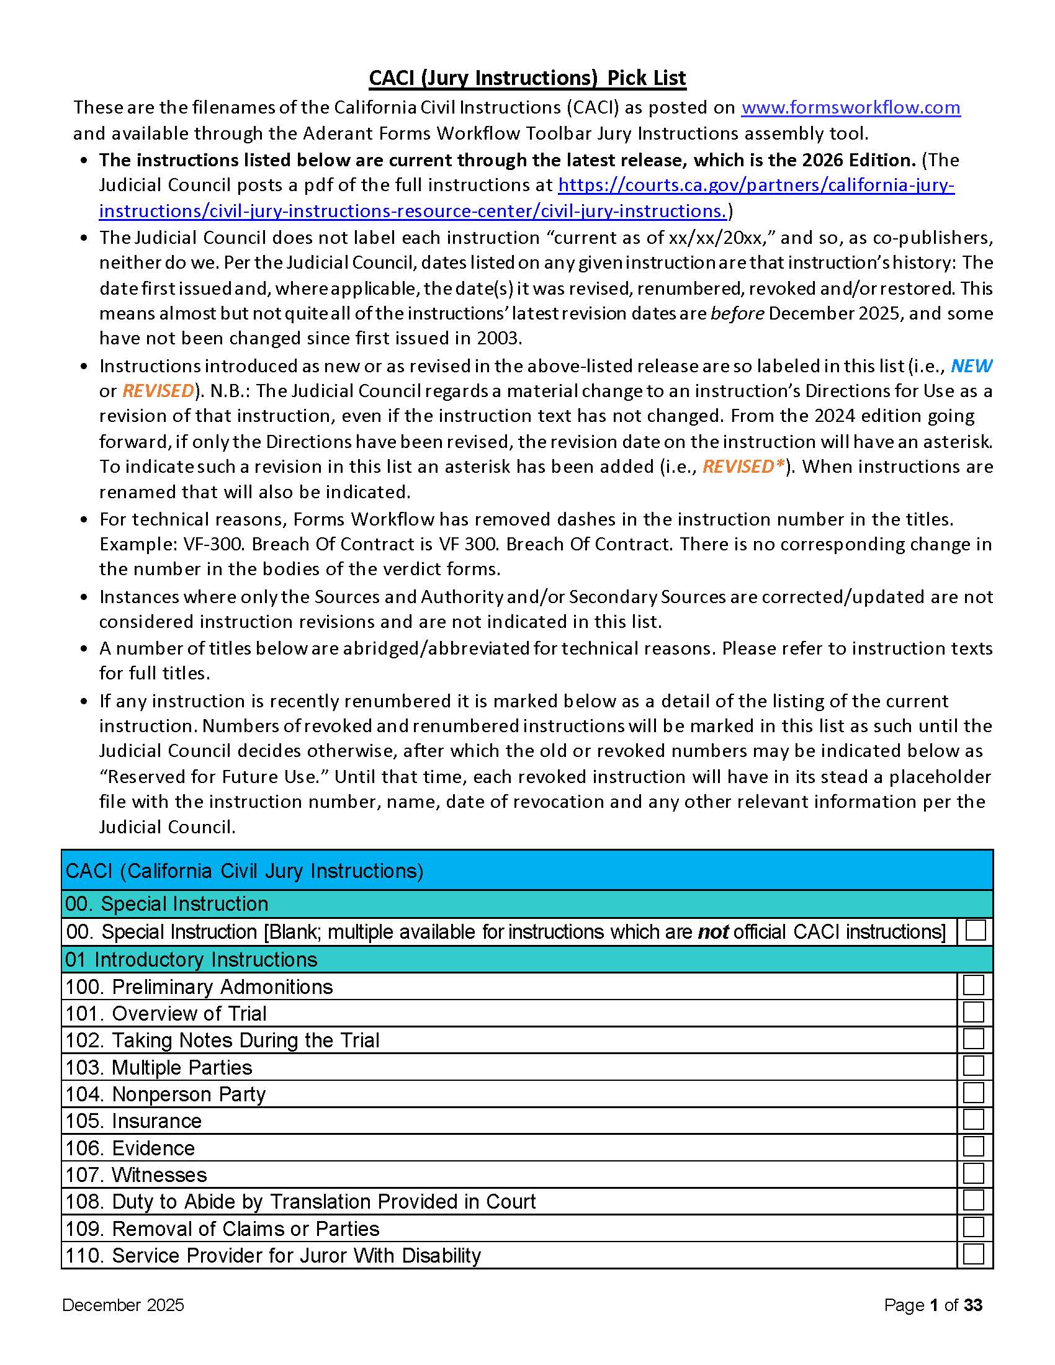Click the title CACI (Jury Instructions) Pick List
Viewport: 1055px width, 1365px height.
[x=527, y=78]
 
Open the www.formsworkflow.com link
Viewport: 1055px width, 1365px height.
[x=850, y=107]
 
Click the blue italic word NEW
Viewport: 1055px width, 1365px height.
[x=971, y=365]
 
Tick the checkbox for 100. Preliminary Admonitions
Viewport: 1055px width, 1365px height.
[x=974, y=986]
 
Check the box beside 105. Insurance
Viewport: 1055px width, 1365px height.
[x=974, y=1119]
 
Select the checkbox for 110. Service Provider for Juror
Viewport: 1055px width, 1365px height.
[x=974, y=1254]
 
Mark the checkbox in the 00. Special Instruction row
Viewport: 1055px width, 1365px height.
[x=975, y=930]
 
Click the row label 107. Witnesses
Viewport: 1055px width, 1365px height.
[x=137, y=1175]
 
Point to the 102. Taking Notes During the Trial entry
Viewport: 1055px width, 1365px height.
[x=223, y=1040]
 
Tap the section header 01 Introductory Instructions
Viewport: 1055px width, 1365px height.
[x=191, y=959]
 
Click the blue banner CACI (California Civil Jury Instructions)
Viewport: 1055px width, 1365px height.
[x=245, y=870]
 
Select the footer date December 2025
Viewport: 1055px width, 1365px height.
[x=123, y=1305]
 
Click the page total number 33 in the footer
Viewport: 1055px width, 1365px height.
[x=972, y=1305]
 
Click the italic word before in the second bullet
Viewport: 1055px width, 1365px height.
[x=737, y=313]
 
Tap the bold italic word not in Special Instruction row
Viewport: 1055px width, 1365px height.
[x=713, y=932]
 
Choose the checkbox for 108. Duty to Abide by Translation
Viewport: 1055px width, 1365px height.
[x=974, y=1200]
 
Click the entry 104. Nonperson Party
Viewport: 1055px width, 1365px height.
[x=166, y=1094]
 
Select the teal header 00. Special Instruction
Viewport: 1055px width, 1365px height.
[x=167, y=904]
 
